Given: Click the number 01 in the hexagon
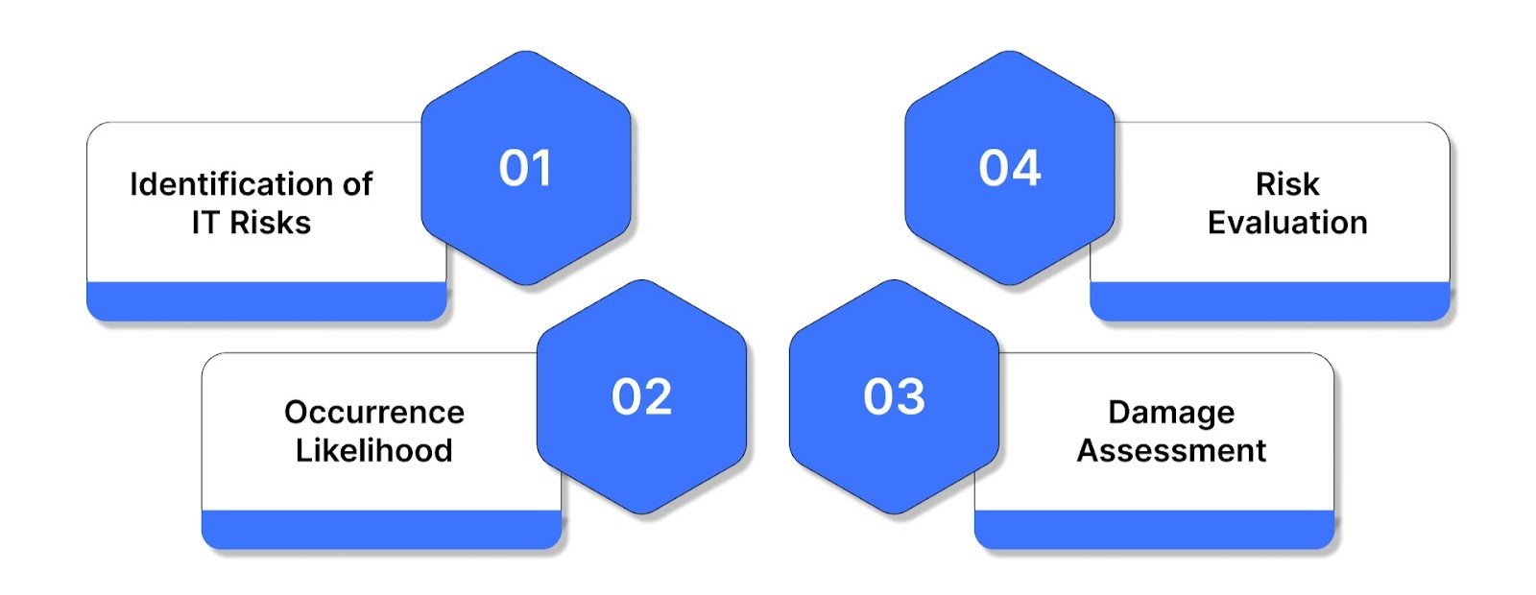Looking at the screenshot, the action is coord(525,169).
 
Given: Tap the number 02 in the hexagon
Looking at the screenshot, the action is coord(641,397).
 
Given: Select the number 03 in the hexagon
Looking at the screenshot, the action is coord(894,397).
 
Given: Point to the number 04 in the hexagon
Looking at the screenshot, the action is coord(1010,169).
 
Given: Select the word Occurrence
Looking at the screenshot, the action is coord(374,412).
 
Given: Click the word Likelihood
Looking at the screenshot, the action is coord(374,450).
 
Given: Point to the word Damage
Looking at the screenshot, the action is coord(1171,412).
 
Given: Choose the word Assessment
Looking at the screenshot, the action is coord(1171,450).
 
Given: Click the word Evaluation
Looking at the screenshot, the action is coord(1287,223).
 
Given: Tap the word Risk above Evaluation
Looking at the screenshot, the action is coord(1287,184).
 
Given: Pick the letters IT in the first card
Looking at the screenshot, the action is coord(205,223).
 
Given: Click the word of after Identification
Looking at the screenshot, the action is coord(350,184).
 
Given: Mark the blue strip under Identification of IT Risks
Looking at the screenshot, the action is coord(266,300).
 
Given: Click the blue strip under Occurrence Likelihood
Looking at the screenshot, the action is coord(381,529).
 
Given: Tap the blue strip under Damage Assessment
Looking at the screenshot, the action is coord(1155,529).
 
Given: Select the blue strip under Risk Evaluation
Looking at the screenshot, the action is coord(1270,300).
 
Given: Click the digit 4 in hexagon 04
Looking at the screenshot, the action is coord(1026,169).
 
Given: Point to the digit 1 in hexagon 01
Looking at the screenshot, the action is coord(543,169).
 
